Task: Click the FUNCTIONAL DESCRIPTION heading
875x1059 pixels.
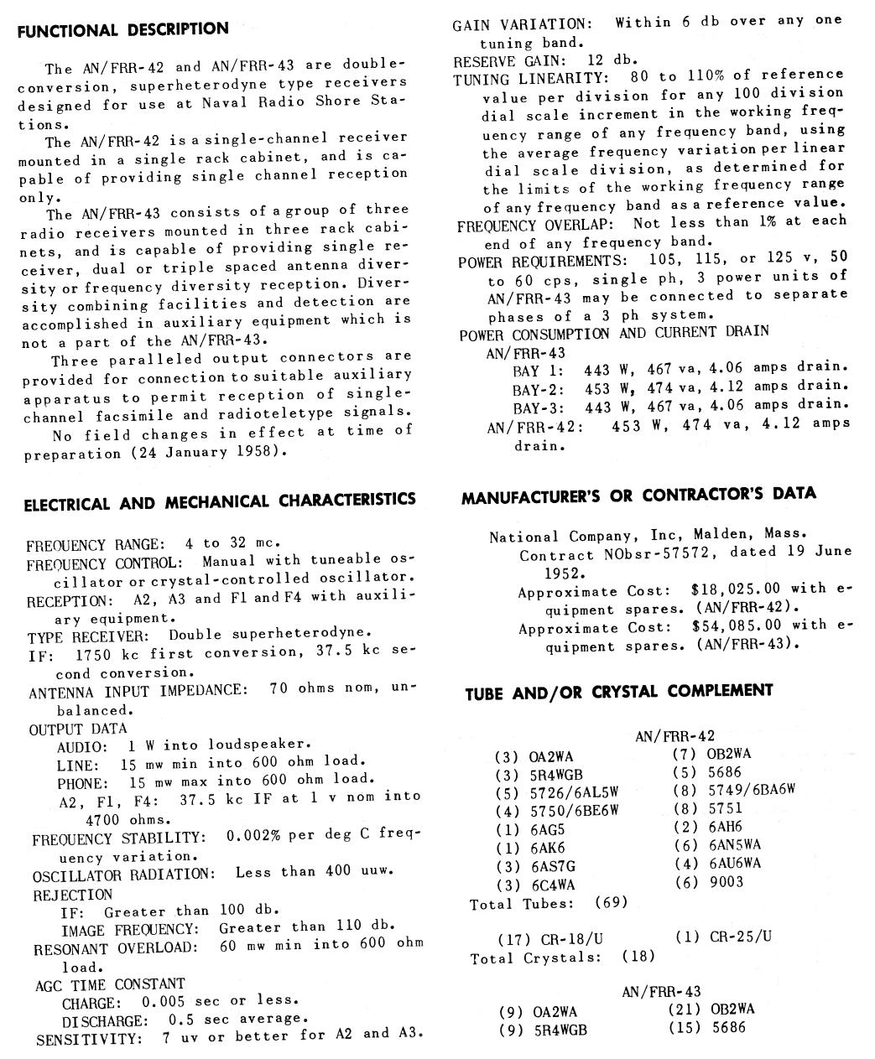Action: pos(122,30)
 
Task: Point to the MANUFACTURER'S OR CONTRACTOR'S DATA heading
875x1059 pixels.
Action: pos(638,496)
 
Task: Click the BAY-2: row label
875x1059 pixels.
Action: pos(538,388)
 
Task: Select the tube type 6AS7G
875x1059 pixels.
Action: pos(553,866)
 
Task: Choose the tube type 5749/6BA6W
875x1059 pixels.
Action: pos(752,790)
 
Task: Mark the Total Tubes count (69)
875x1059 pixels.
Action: pos(611,903)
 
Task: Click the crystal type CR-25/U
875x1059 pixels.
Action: pos(741,937)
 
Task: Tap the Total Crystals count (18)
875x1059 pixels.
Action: pos(638,957)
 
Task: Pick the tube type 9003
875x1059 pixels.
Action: pos(727,882)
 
